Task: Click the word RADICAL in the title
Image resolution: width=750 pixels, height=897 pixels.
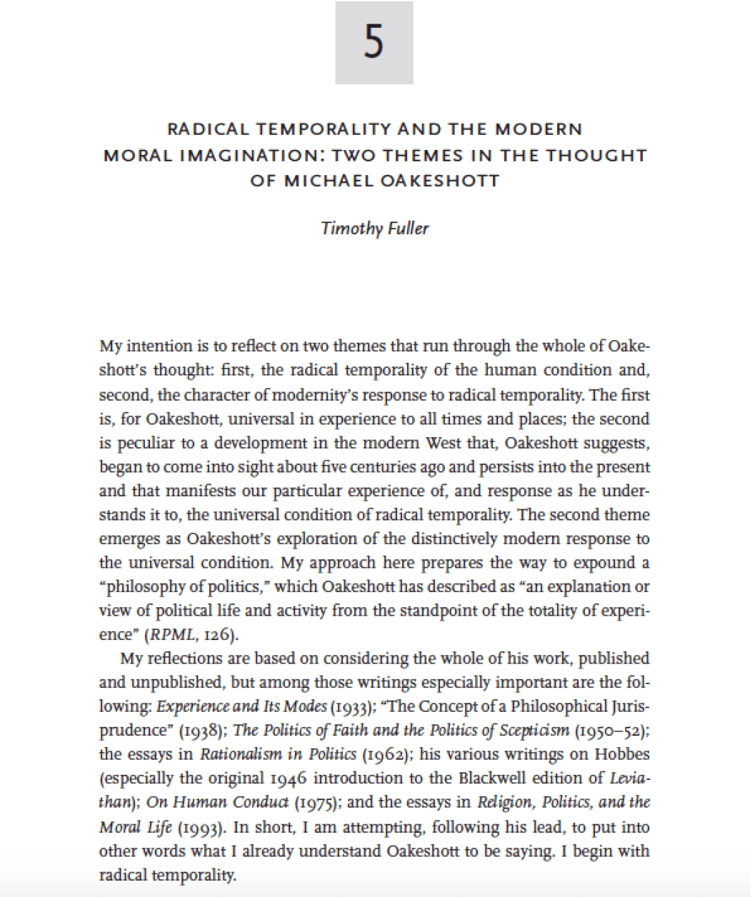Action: [x=208, y=129]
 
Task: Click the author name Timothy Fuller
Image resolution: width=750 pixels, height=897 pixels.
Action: [x=375, y=229]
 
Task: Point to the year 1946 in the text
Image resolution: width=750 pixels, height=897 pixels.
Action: [x=290, y=778]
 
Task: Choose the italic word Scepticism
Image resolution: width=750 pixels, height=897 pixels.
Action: [x=534, y=731]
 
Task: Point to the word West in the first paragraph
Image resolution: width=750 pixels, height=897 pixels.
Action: [x=444, y=443]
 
